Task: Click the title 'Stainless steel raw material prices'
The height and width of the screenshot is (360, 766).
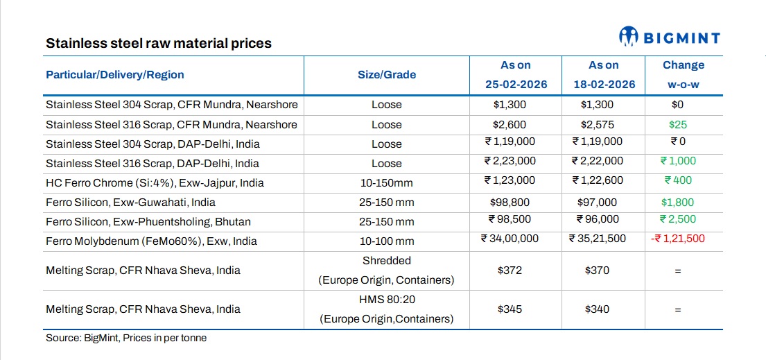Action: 159,43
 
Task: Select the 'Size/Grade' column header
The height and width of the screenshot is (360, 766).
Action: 386,74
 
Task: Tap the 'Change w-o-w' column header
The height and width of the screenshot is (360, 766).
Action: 683,74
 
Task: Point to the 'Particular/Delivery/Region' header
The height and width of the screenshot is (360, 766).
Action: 115,74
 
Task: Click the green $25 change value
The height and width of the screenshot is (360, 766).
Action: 683,124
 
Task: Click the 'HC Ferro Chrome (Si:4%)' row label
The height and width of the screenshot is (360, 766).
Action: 155,182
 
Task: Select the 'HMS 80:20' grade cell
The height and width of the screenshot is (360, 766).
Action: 386,300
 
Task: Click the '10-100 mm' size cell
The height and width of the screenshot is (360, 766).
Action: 386,241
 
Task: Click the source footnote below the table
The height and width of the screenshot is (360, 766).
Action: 126,338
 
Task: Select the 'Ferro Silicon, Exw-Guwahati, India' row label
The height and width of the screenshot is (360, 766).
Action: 130,202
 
